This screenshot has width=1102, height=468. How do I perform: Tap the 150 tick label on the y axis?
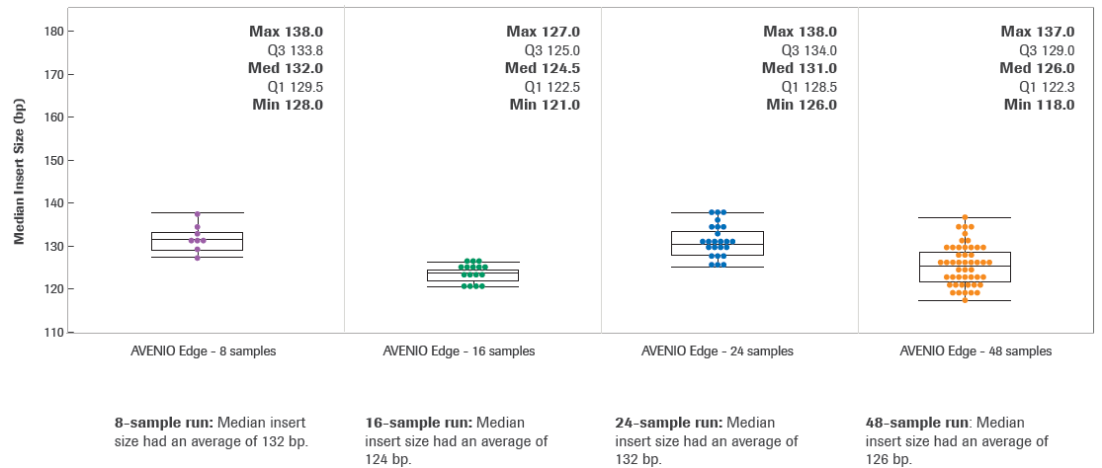[53, 160]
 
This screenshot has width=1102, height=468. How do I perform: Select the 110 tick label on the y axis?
[53, 332]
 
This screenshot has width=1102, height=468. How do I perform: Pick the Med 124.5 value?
[542, 68]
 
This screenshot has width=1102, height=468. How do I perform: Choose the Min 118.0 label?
[1039, 105]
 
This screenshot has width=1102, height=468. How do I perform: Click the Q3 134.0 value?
[808, 50]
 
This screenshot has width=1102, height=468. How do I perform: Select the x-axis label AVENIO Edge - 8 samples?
[204, 351]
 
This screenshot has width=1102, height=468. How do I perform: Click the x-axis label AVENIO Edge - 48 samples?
[975, 351]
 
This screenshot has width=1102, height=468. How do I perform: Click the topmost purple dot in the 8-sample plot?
[198, 214]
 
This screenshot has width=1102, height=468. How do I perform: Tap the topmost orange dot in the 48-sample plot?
[965, 218]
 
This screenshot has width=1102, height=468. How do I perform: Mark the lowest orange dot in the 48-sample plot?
[965, 299]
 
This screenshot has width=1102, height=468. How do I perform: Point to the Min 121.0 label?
[545, 105]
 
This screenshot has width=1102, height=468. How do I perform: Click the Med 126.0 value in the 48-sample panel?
[1037, 68]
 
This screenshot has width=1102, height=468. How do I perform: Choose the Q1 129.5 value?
[295, 87]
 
